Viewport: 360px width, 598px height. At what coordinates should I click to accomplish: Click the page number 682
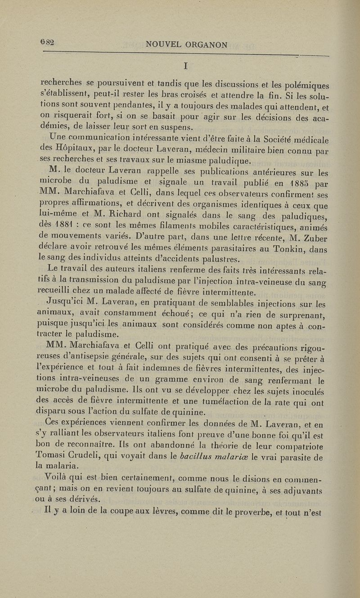tap(47, 42)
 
